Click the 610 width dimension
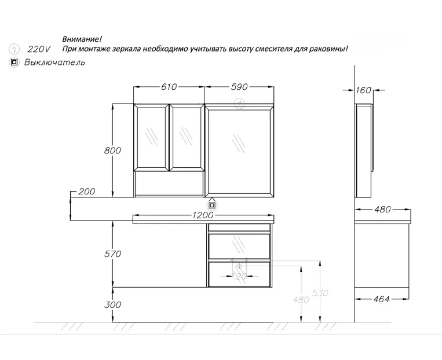click(x=169, y=87)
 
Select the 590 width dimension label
click(x=239, y=87)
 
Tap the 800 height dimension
click(x=112, y=150)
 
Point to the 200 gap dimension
click(x=86, y=192)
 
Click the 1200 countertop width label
click(x=203, y=215)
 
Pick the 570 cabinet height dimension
click(x=112, y=254)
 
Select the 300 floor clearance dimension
click(x=112, y=304)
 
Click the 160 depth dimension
click(x=363, y=90)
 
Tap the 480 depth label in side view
click(x=382, y=210)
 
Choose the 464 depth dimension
click(x=381, y=299)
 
